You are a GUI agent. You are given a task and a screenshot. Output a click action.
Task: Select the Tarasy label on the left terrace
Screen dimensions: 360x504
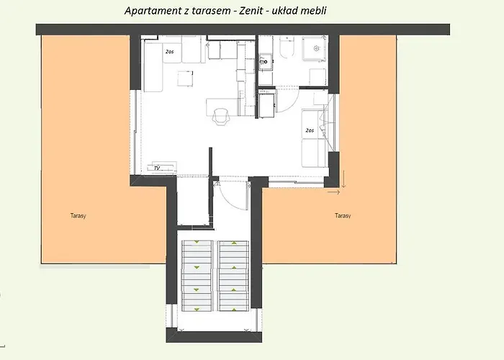pos(79,215)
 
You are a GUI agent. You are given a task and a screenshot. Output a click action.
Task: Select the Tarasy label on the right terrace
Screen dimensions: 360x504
pos(343,215)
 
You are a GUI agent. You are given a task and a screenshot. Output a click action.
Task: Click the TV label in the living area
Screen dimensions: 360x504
pos(156,168)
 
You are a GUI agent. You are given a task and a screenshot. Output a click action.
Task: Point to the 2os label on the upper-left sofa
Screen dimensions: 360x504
pos(171,53)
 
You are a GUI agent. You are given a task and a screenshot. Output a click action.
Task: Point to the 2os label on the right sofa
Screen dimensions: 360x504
pos(309,130)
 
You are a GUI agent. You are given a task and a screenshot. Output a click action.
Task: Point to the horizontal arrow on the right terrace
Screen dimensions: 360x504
pos(333,192)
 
